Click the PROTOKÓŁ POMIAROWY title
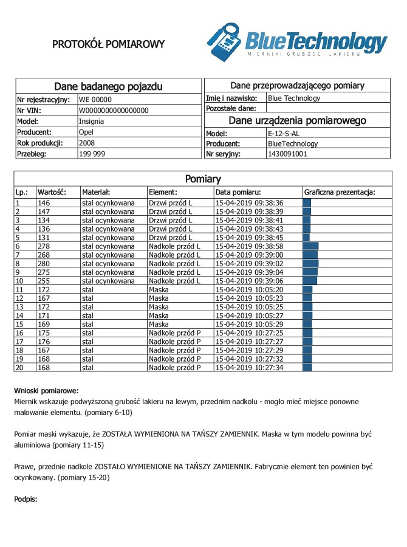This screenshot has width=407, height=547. click(108, 44)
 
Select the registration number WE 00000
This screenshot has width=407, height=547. click(95, 99)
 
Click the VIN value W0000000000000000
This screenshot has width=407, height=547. click(114, 110)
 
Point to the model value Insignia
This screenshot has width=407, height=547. click(91, 121)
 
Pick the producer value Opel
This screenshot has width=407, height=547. click(86, 132)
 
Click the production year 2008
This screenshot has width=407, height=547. click(87, 143)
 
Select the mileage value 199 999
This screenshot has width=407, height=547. click(91, 154)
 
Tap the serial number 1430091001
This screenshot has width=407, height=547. click(287, 154)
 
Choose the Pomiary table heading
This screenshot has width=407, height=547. click(203, 179)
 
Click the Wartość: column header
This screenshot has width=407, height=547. click(51, 192)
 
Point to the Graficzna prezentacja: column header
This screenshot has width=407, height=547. click(340, 192)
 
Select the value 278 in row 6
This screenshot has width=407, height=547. click(44, 246)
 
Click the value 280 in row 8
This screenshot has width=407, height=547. click(44, 264)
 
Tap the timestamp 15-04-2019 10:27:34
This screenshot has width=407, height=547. click(250, 368)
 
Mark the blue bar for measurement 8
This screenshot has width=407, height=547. click(310, 264)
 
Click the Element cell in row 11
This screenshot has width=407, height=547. click(159, 290)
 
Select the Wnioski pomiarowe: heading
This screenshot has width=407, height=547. click(46, 391)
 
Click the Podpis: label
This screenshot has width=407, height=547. click(26, 499)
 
